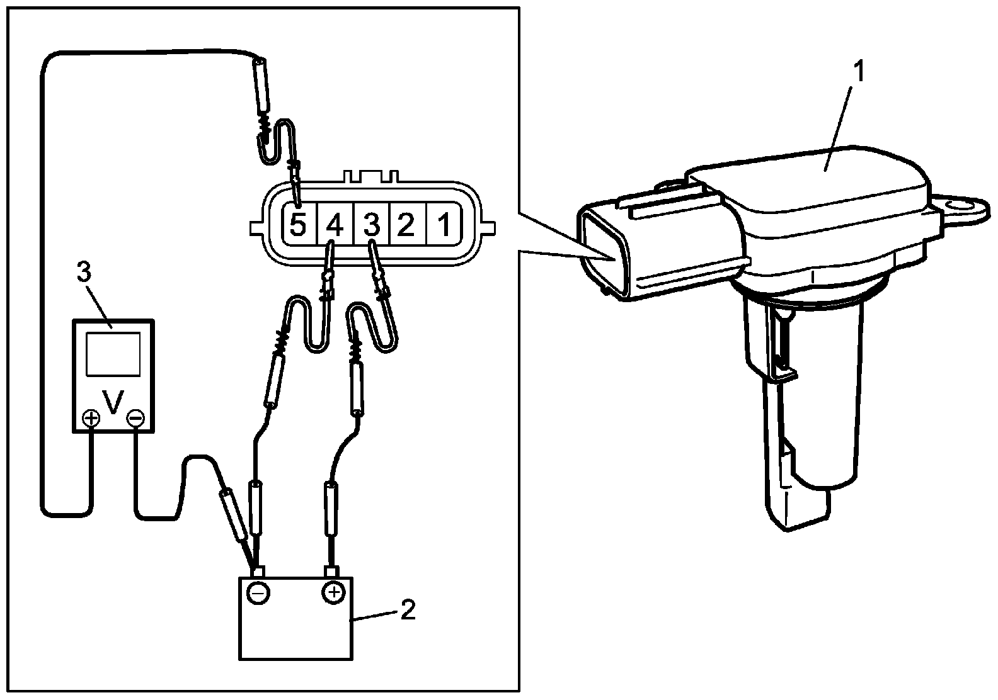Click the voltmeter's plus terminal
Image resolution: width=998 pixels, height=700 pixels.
(92, 417)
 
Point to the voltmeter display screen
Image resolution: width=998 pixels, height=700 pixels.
(113, 355)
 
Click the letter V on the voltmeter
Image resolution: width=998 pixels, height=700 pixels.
(113, 403)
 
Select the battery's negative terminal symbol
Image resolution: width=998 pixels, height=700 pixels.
(258, 592)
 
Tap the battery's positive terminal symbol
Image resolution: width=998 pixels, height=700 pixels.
(333, 592)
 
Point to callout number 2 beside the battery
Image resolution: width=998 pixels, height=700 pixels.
(408, 609)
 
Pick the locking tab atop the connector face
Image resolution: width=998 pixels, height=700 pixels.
(372, 176)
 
